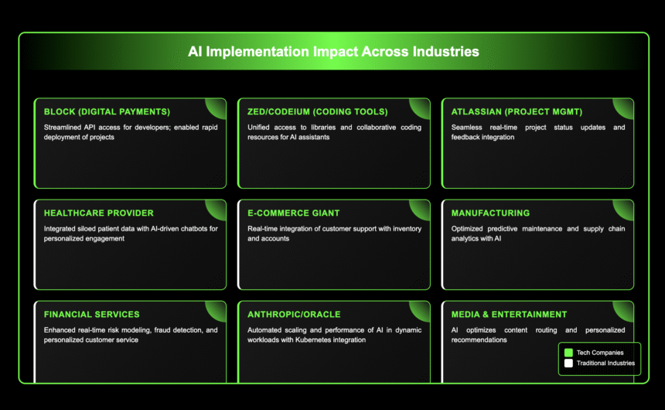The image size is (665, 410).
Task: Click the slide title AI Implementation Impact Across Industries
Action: pyautogui.click(x=333, y=52)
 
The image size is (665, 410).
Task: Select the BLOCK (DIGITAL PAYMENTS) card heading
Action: pyautogui.click(x=107, y=111)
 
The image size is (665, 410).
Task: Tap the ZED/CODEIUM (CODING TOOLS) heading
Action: pyautogui.click(x=318, y=111)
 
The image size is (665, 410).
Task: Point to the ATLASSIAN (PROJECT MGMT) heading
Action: pyautogui.click(x=517, y=111)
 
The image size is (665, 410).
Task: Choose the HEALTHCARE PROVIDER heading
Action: pyautogui.click(x=99, y=213)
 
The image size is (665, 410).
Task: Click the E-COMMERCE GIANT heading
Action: pyautogui.click(x=294, y=213)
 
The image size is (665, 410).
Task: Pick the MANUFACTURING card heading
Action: pyautogui.click(x=490, y=213)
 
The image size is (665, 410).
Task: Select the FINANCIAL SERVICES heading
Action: pyautogui.click(x=91, y=315)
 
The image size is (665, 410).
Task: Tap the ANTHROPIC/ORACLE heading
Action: pyautogui.click(x=294, y=315)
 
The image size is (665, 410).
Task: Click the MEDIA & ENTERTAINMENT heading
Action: pyautogui.click(x=509, y=315)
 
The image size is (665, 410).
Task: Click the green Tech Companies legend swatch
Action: pyautogui.click(x=568, y=353)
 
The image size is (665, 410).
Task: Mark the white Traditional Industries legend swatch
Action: pyautogui.click(x=568, y=364)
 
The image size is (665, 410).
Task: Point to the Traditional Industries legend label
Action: pyautogui.click(x=605, y=364)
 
